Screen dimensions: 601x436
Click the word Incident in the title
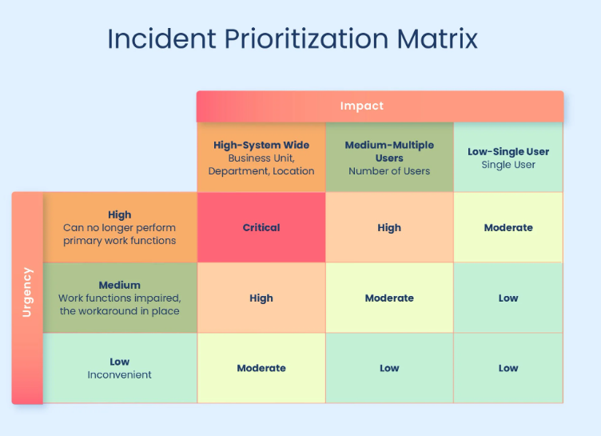point(161,38)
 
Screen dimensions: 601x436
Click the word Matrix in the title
point(437,38)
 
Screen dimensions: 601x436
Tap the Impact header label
point(362,106)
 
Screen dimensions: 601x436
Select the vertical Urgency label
point(27,292)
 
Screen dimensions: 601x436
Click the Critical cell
point(261,227)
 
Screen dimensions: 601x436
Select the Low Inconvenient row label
point(120,368)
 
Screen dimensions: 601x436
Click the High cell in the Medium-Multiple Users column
point(389,227)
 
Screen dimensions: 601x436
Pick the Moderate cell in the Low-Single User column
point(508,227)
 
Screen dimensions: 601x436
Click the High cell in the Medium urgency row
point(261,298)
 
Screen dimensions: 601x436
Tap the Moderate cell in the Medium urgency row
point(389,298)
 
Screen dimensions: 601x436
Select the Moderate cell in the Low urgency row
point(261,368)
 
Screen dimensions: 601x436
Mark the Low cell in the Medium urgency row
point(508,298)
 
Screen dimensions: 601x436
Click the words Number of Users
point(389,171)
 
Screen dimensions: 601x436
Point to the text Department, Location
point(261,171)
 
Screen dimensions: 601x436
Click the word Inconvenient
point(120,374)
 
